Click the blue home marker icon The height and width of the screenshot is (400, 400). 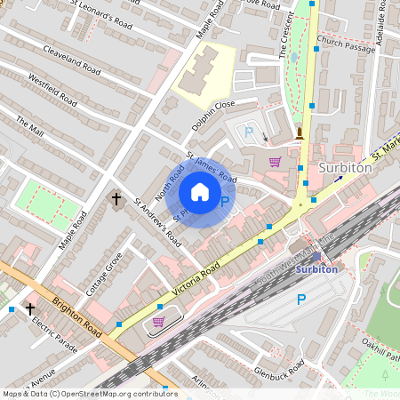[200, 191]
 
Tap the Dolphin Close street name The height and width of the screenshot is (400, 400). [212, 119]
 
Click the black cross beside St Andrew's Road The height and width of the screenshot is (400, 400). [116, 199]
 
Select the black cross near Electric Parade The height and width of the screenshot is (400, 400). [30, 308]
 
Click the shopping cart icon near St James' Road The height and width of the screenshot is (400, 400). [276, 162]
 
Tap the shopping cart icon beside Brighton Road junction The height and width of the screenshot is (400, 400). [158, 322]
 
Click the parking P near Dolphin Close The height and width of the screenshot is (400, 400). [249, 133]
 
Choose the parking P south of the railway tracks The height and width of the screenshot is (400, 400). [300, 300]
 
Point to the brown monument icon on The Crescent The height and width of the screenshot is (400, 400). [300, 134]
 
